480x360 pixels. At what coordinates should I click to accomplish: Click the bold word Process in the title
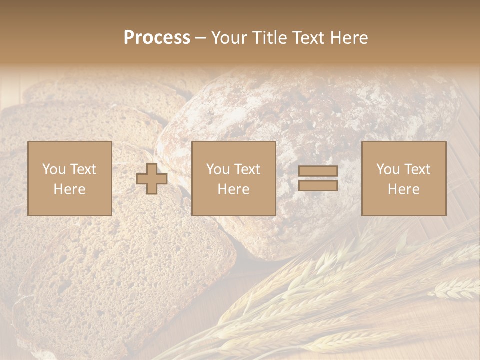coord(157,38)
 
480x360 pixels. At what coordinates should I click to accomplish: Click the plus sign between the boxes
coord(152,179)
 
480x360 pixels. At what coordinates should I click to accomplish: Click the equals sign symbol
coord(318,178)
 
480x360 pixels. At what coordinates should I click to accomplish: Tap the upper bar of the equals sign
coord(318,171)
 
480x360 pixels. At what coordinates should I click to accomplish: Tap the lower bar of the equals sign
coord(318,185)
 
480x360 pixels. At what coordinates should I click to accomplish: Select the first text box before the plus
coord(70,178)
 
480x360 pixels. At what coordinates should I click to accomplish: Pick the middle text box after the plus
coord(233,178)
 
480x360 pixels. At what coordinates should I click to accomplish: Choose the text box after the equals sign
coord(404,178)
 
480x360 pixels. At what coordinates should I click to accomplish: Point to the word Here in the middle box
coord(233,189)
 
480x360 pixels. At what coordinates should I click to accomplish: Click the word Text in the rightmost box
coord(418,169)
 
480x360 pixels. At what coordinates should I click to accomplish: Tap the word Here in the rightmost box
coord(403,189)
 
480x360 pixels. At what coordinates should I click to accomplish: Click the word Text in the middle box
coord(248,169)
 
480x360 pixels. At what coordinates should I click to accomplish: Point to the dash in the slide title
coord(200,38)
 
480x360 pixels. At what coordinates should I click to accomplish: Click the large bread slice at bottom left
coord(115,280)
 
